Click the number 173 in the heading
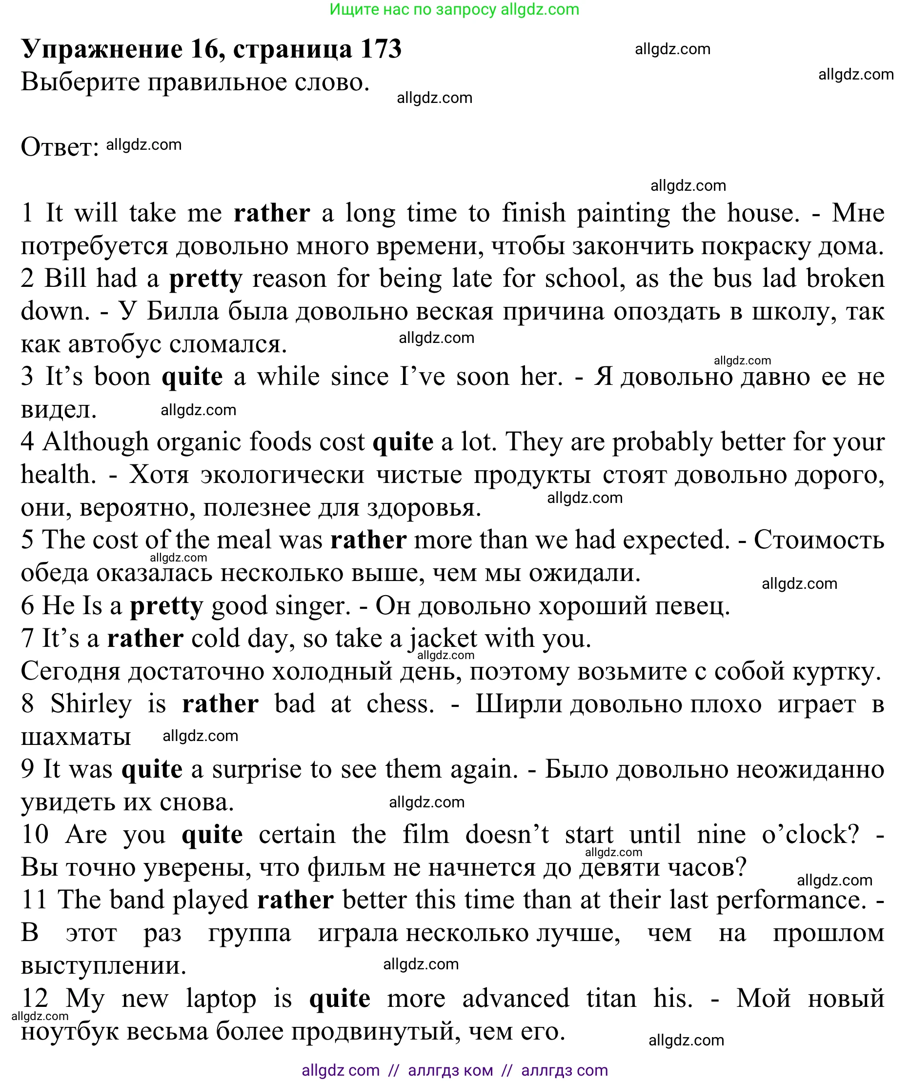click(381, 49)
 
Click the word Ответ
click(60, 147)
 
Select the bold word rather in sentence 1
click(272, 213)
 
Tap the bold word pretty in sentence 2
click(205, 279)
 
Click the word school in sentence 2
click(582, 279)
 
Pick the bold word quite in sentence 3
click(192, 377)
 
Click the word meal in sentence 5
click(243, 540)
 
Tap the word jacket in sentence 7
click(443, 639)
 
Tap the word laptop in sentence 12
click(221, 999)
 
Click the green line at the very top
click(454, 9)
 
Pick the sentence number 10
click(35, 835)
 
